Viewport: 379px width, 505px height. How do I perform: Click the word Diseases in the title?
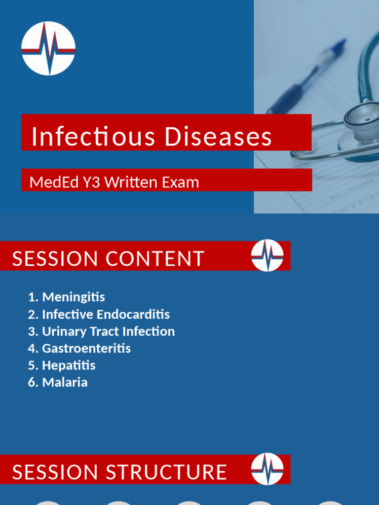[x=218, y=137]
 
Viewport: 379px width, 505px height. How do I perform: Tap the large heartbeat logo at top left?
[x=48, y=48]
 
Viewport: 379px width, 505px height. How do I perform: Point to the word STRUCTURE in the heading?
[x=166, y=472]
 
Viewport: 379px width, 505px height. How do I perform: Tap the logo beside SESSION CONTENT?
[x=267, y=255]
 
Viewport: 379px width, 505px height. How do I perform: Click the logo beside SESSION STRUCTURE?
[x=267, y=469]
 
